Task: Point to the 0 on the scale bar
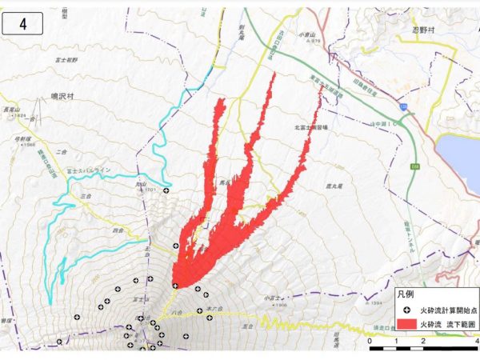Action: (370, 341)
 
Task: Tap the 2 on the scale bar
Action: (422, 341)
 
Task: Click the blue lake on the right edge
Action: (459, 160)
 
